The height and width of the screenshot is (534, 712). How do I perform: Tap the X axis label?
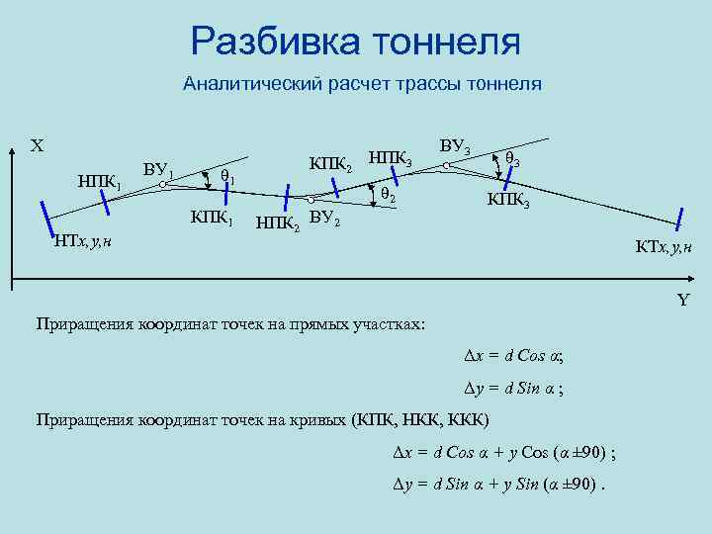37,146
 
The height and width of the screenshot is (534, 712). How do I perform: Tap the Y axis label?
682,301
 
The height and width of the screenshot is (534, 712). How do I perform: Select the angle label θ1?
226,177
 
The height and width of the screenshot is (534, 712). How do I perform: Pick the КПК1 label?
212,217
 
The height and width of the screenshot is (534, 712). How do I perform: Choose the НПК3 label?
397,156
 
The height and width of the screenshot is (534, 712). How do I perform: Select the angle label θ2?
388,197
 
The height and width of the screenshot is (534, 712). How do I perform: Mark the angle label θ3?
513,158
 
